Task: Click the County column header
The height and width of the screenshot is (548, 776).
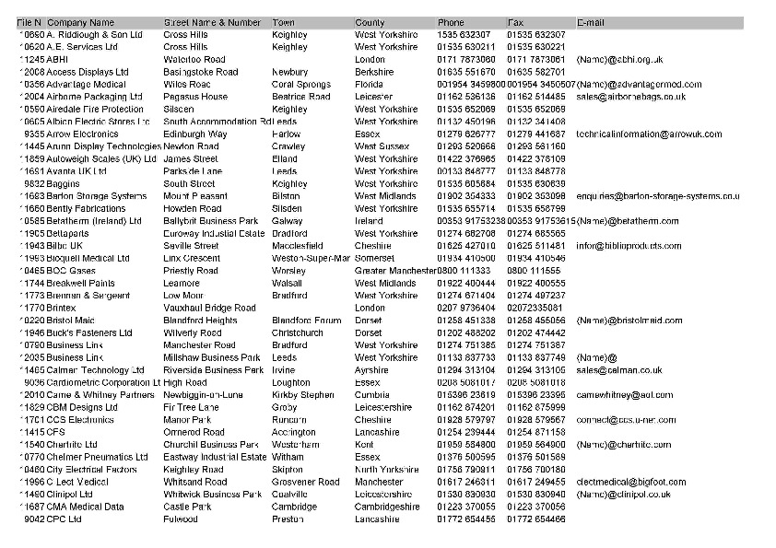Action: click(370, 22)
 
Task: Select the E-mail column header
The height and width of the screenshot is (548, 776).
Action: click(591, 22)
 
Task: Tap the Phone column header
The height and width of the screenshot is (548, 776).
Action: click(451, 22)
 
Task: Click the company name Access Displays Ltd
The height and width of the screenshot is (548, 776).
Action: click(88, 72)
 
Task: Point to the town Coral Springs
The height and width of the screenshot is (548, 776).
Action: click(300, 85)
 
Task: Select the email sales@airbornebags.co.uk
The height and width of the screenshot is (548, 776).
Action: click(630, 97)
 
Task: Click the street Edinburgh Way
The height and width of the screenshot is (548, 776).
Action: click(194, 134)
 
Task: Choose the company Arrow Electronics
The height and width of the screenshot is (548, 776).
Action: click(82, 134)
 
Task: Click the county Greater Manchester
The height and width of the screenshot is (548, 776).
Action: click(395, 271)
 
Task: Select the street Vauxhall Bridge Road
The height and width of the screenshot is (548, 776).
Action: click(209, 309)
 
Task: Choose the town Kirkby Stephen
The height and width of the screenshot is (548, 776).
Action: click(302, 395)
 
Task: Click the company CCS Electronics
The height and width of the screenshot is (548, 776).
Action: click(80, 420)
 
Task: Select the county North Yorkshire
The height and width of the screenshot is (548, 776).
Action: click(386, 470)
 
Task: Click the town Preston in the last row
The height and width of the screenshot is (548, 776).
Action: click(288, 519)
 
